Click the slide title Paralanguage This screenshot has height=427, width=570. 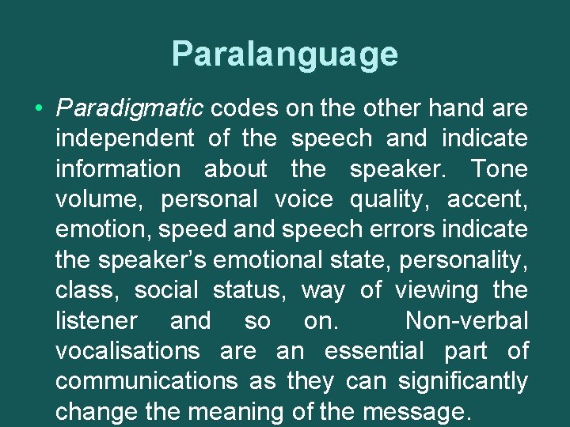click(284, 55)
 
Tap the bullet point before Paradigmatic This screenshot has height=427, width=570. click(39, 108)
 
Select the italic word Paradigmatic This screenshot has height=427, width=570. click(130, 108)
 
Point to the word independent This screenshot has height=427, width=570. click(124, 138)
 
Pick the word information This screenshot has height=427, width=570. click(117, 168)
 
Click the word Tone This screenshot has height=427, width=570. click(499, 168)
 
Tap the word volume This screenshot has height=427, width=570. click(97, 199)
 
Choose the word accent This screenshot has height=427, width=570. click(487, 199)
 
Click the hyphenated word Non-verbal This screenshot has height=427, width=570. click(465, 321)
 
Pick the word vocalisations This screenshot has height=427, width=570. click(127, 351)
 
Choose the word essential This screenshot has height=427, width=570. click(374, 351)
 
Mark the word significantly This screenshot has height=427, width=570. click(462, 382)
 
